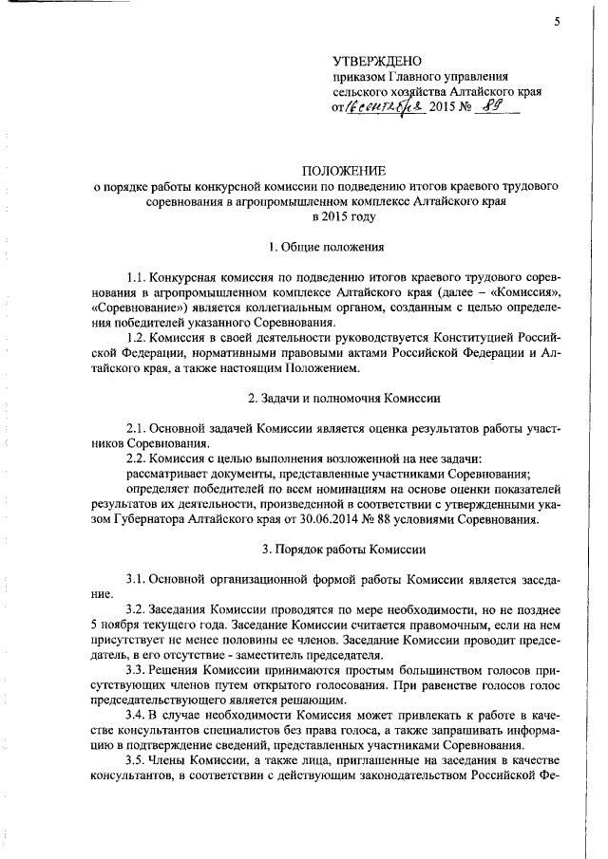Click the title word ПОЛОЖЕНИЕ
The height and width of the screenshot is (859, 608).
click(x=344, y=171)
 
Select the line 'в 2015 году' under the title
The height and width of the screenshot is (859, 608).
click(x=344, y=216)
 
